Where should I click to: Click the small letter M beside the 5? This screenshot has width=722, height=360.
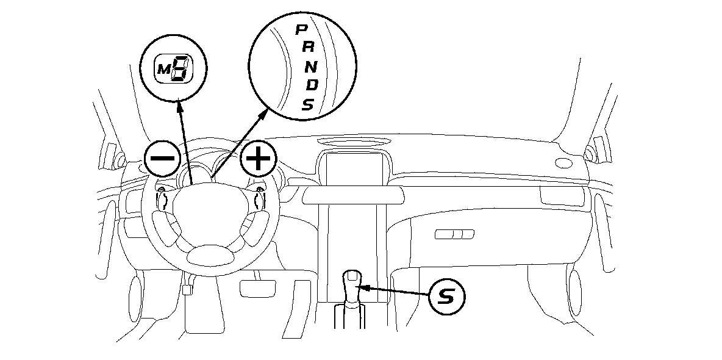point(163,71)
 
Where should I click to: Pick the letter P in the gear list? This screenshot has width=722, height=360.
point(301,29)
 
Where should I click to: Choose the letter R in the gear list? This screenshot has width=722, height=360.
point(304,48)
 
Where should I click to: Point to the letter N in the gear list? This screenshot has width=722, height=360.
point(309,67)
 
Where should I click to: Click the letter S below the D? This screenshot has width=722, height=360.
point(308,105)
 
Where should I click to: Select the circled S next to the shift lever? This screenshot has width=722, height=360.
point(446,297)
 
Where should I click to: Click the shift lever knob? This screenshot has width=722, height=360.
point(352,282)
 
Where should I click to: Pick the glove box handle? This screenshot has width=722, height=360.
point(454,234)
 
